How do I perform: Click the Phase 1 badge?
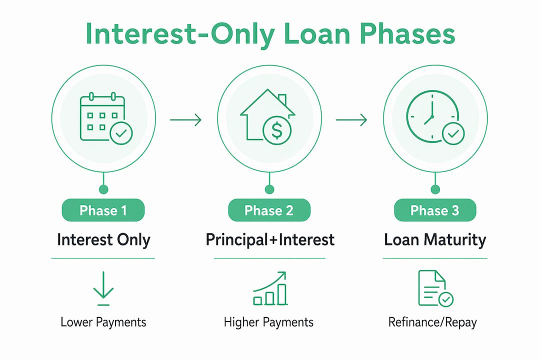[x=103, y=210]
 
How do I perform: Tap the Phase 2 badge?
[x=269, y=210]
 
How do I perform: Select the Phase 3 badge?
[x=435, y=210]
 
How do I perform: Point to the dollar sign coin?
[x=277, y=130]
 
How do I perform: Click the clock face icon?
[x=431, y=116]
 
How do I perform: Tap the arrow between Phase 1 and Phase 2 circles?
[x=185, y=120]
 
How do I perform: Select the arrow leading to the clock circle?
[x=351, y=120]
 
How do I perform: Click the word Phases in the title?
[x=407, y=34]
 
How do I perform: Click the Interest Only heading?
[x=103, y=240]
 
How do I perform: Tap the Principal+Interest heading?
[x=270, y=240]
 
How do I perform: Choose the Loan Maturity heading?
[x=435, y=240]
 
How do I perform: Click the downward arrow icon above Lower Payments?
[x=103, y=288]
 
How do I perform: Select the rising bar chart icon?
[x=270, y=288]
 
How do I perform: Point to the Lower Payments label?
[x=103, y=322]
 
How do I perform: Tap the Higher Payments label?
[x=268, y=322]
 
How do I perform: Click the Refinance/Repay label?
[x=432, y=322]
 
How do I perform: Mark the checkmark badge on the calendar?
[x=121, y=133]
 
